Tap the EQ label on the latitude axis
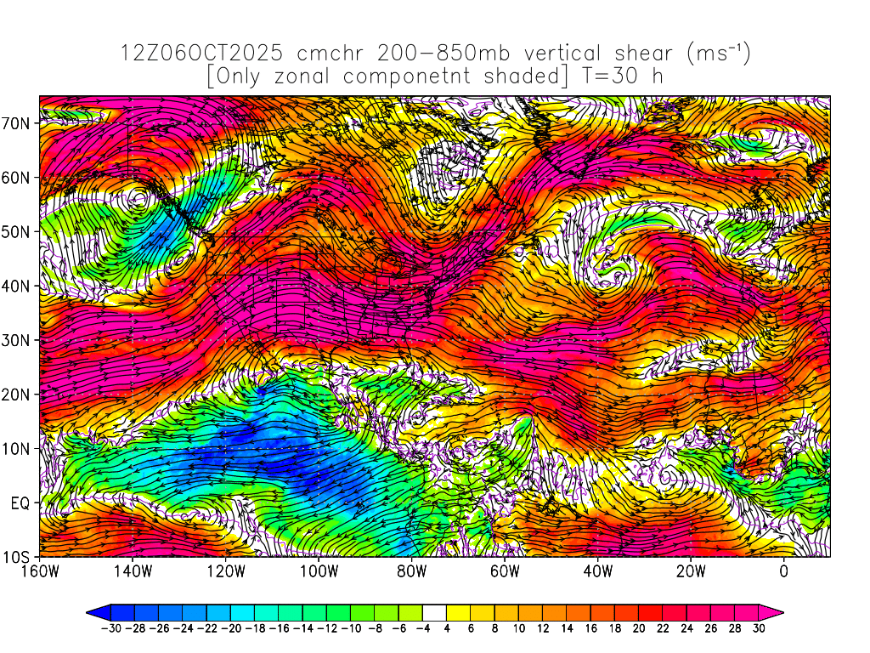(21, 503)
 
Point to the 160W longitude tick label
(40, 571)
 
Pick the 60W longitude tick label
(505, 571)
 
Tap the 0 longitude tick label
(784, 571)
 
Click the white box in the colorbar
(434, 611)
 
